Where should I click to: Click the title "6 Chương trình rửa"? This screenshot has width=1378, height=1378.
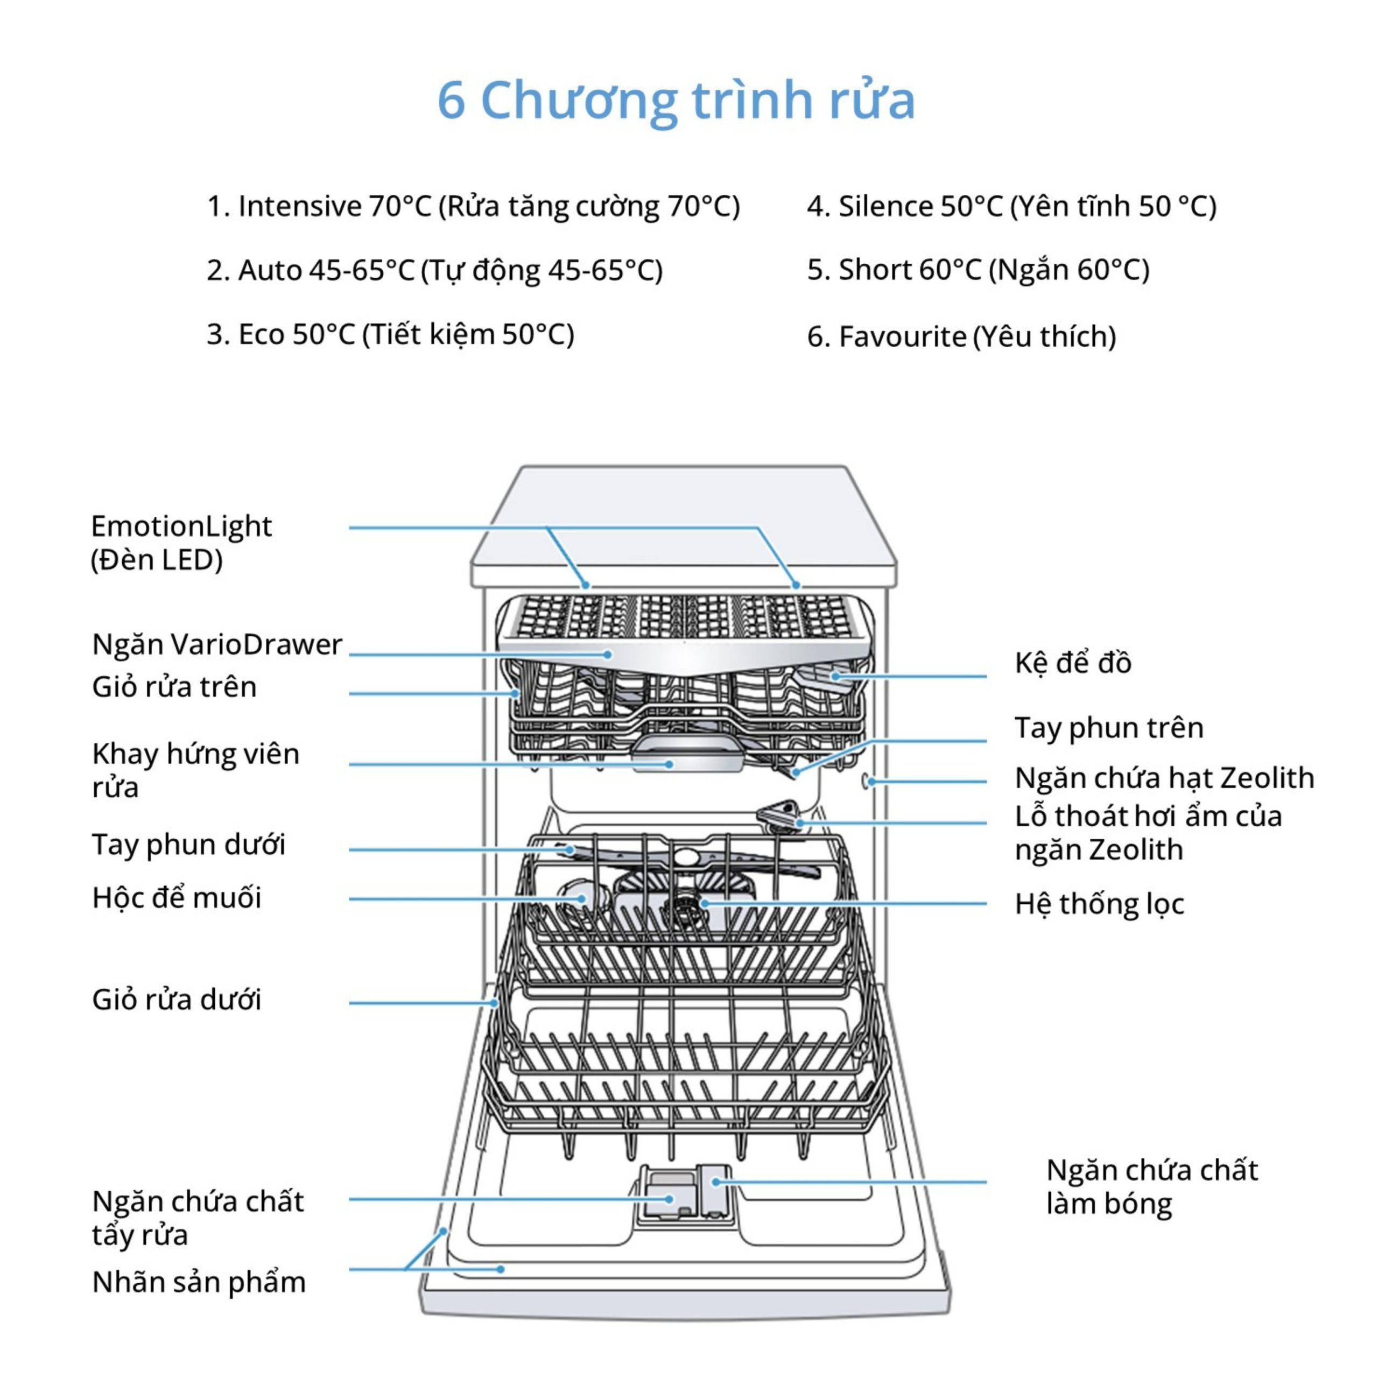[676, 100]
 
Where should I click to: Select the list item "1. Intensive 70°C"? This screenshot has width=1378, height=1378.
[473, 206]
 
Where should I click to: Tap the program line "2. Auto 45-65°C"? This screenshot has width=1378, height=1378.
[434, 270]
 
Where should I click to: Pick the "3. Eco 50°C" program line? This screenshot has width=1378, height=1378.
[390, 334]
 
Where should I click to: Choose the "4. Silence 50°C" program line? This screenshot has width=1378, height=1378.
[1011, 206]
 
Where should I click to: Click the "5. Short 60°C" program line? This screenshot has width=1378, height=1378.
[978, 270]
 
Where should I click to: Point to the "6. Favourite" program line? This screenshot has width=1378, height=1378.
[961, 336]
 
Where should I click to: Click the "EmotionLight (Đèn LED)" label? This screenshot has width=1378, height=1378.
[181, 543]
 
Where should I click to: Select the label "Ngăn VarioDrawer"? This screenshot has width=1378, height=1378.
[217, 644]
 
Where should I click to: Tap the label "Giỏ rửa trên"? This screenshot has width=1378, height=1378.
[174, 687]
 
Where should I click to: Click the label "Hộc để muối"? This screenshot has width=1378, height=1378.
[176, 898]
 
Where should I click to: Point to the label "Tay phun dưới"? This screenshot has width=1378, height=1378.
[188, 845]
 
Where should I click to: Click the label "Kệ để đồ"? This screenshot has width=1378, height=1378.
[1073, 663]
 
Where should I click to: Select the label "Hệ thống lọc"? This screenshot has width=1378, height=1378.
[1099, 904]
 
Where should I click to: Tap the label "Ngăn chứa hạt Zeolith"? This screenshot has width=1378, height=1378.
[1164, 777]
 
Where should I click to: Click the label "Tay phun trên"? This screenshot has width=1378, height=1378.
[1109, 728]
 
